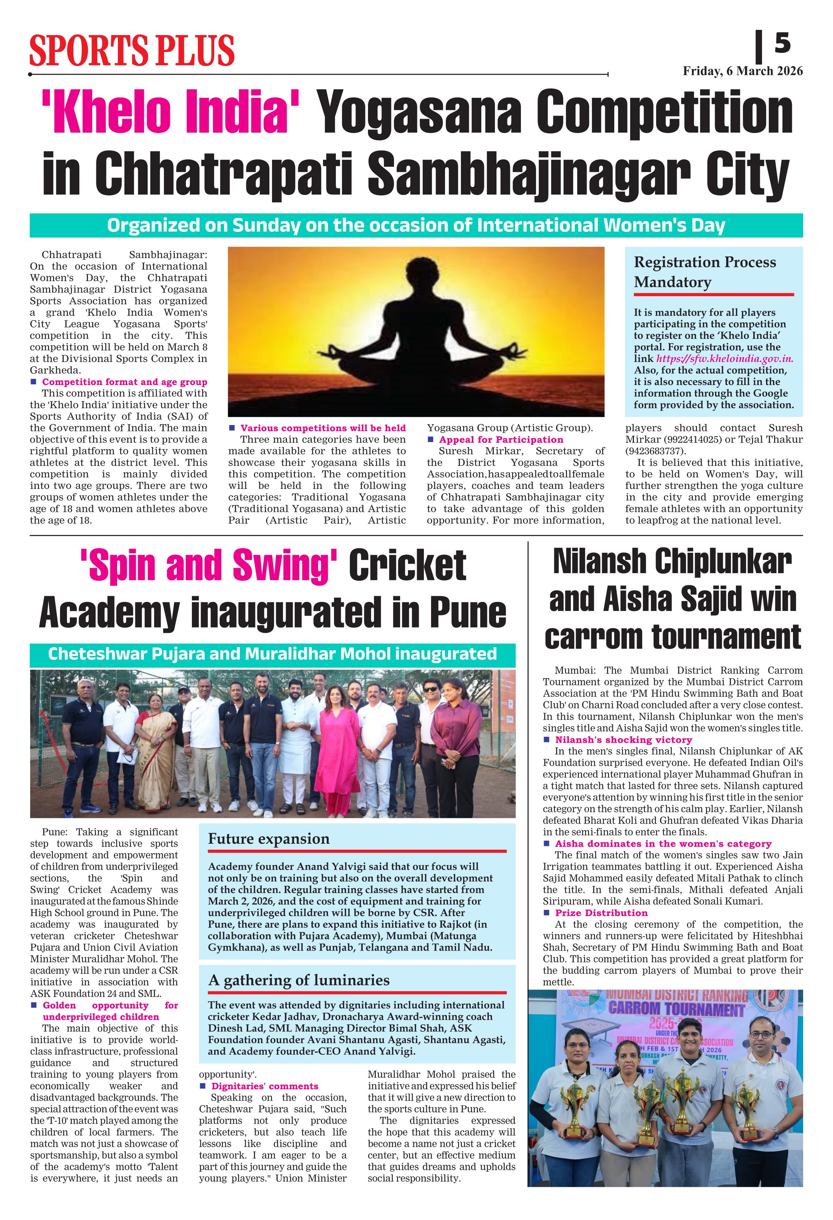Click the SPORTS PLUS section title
[x=132, y=50]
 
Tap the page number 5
[x=782, y=43]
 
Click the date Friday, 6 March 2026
[x=742, y=71]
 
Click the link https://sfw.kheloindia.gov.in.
[x=724, y=359]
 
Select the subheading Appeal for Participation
[x=501, y=439]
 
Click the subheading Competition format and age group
[x=124, y=382]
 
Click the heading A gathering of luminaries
[x=299, y=980]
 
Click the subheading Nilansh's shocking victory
[x=624, y=740]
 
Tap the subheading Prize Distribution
[x=601, y=913]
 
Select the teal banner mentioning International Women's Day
[x=416, y=225]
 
